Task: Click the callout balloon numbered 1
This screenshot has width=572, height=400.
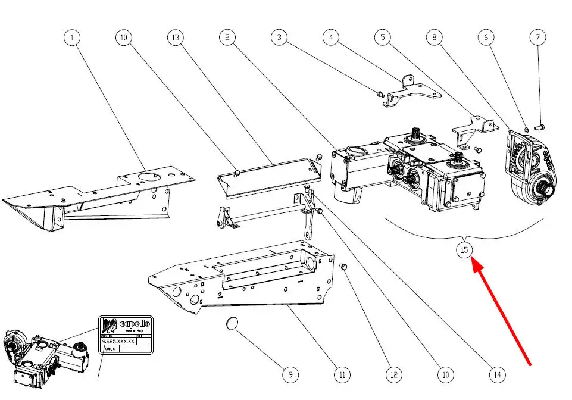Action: pos(72,37)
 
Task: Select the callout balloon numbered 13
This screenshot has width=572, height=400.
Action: pos(175,37)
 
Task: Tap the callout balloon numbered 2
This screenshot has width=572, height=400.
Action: pos(227,37)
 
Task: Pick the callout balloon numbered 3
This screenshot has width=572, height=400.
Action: pos(279,37)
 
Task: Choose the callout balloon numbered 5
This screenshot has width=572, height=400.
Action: pos(383,37)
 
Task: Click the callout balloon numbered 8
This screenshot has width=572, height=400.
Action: pos(435,37)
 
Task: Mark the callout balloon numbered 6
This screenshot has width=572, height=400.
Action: pos(486,37)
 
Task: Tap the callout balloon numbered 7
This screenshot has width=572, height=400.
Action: pos(538,37)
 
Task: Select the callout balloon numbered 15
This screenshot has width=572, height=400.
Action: pos(465,249)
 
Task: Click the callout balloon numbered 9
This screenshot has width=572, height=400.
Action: pos(290,374)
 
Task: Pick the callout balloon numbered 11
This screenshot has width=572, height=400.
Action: pos(342,374)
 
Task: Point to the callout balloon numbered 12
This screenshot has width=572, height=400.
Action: pos(393,374)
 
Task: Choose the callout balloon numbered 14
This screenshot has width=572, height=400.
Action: pos(497,374)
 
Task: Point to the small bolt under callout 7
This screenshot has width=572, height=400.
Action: pos(540,126)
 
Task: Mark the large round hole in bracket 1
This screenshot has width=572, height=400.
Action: pos(145,177)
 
